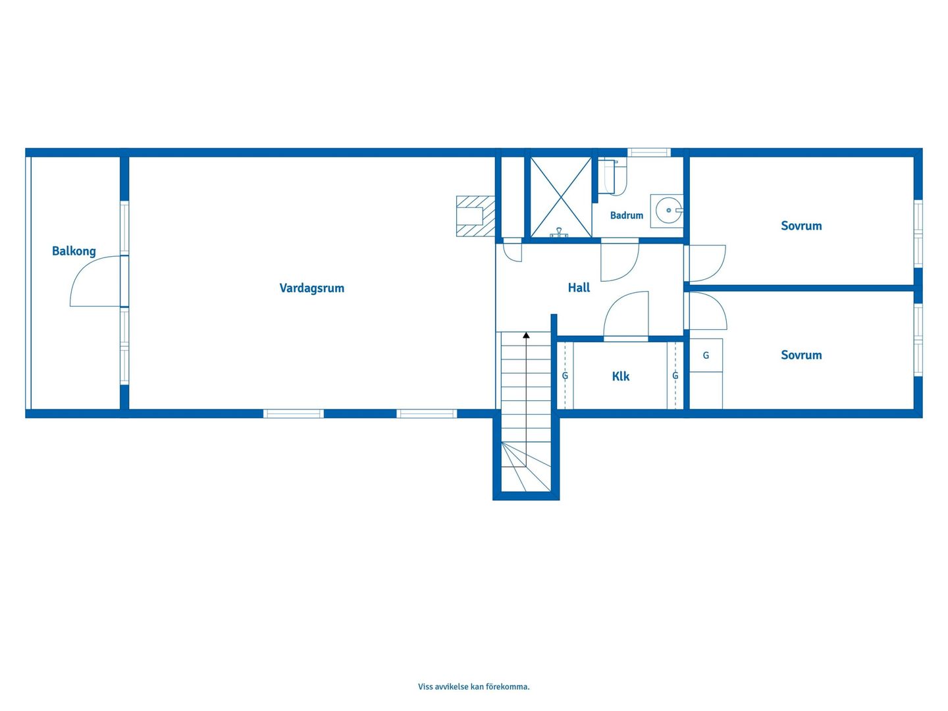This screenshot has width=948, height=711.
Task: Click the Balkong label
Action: coord(74,251)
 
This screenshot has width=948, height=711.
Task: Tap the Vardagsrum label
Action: coord(312,288)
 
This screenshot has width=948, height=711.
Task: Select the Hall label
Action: coord(579,288)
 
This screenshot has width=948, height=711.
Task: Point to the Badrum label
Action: coord(626,215)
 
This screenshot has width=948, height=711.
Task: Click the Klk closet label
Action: coord(621,377)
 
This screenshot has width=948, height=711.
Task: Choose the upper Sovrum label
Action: coord(801,226)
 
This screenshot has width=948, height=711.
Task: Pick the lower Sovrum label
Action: coord(801,355)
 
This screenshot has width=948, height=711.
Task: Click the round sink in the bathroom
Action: coord(668,210)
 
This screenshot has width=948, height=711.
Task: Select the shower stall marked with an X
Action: coord(561,197)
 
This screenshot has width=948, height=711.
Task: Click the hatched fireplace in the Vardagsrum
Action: coord(475,217)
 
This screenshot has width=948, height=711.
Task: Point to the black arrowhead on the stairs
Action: coord(526,335)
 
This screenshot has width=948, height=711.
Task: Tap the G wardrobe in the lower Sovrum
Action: coord(706,355)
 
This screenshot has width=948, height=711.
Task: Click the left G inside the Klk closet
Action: coord(564,376)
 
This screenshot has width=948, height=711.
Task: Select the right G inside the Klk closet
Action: coord(675,376)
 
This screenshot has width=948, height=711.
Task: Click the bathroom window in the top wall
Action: coord(648,152)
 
